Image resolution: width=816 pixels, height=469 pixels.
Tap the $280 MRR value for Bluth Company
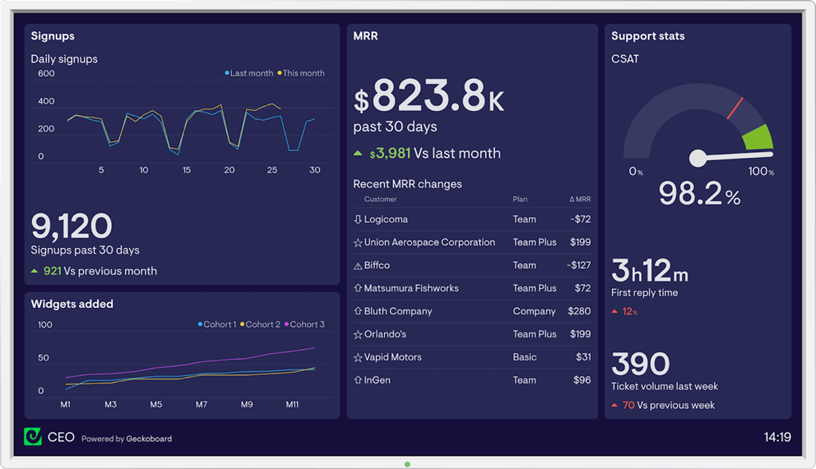pyautogui.click(x=579, y=311)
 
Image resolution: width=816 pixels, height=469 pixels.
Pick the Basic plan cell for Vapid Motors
pyautogui.click(x=524, y=357)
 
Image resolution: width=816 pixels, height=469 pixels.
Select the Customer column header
pyautogui.click(x=380, y=199)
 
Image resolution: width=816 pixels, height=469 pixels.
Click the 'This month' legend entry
pyautogui.click(x=303, y=73)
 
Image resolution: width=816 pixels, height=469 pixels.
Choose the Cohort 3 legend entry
pyautogui.click(x=307, y=325)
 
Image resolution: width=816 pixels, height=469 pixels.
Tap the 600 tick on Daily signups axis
pyautogui.click(x=46, y=74)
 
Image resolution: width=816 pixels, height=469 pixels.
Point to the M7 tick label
pyautogui.click(x=202, y=405)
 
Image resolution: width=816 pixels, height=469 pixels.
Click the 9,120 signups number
pyautogui.click(x=72, y=227)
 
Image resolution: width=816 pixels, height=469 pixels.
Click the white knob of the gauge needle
pyautogui.click(x=698, y=158)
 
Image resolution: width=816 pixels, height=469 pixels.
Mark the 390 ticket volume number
pyautogui.click(x=641, y=365)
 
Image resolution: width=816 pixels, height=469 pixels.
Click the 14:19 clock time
pyautogui.click(x=777, y=437)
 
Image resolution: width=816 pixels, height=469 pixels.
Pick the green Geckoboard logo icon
pyautogui.click(x=33, y=437)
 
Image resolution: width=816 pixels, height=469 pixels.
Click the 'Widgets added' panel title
pyautogui.click(x=72, y=304)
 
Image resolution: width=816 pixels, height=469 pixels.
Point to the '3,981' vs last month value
pyautogui.click(x=394, y=153)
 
